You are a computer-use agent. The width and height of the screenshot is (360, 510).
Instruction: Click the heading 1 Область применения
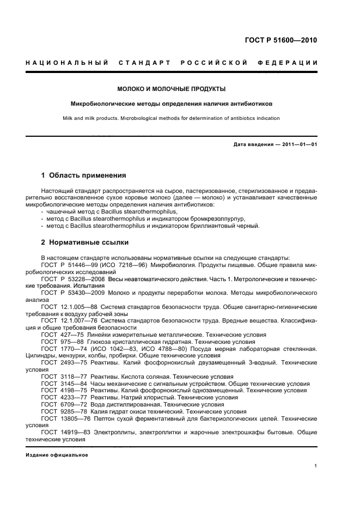pos(84,175)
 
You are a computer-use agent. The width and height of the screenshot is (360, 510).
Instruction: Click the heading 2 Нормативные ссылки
pos(85,242)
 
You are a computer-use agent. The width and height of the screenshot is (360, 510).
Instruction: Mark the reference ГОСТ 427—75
pos(58,334)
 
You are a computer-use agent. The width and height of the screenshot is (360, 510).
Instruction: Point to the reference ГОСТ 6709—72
pos(59,405)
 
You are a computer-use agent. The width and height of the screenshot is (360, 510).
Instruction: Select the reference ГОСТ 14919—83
pos(62,433)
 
